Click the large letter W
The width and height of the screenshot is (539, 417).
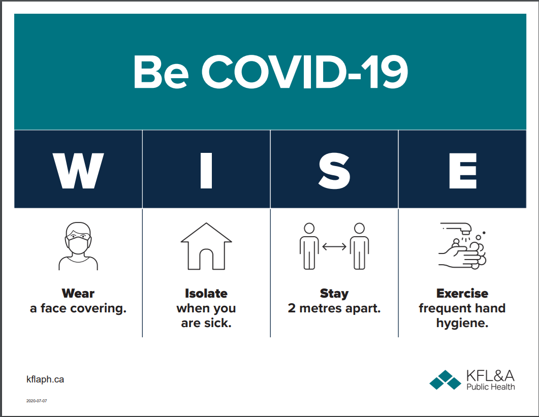tap(78, 171)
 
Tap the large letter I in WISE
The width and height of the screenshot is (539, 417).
tap(206, 171)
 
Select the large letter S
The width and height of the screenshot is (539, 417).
tap(334, 171)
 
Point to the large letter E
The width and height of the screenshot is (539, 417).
tap(463, 171)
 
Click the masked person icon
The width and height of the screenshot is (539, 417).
tap(78, 246)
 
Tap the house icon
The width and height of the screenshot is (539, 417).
tap(206, 246)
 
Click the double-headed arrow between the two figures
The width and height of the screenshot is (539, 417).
tap(334, 246)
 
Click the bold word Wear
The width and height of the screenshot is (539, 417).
tap(78, 293)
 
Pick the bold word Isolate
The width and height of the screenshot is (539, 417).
tap(206, 293)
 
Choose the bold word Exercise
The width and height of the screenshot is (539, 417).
tap(462, 293)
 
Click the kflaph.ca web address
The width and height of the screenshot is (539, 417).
tap(45, 379)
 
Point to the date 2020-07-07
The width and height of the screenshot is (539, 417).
tap(37, 401)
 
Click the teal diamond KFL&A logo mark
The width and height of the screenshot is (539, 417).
tap(445, 380)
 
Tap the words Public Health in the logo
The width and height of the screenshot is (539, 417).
tap(491, 387)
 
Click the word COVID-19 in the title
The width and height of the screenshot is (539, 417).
tap(305, 72)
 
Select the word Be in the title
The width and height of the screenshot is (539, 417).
tap(161, 72)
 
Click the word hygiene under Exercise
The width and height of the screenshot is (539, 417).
tap(462, 324)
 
